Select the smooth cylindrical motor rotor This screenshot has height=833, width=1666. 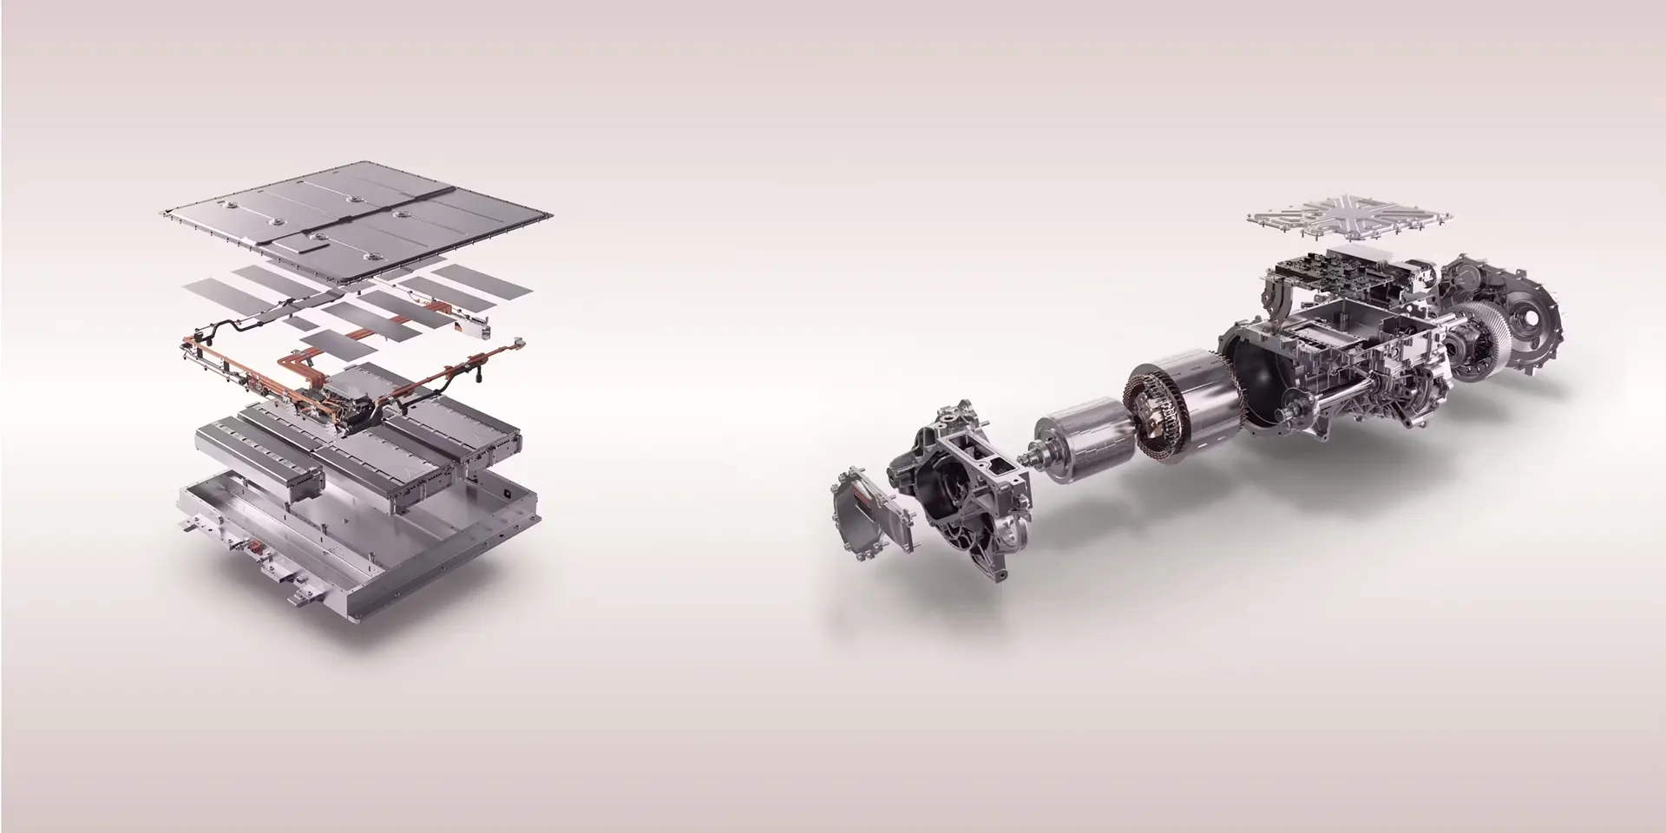(1085, 443)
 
